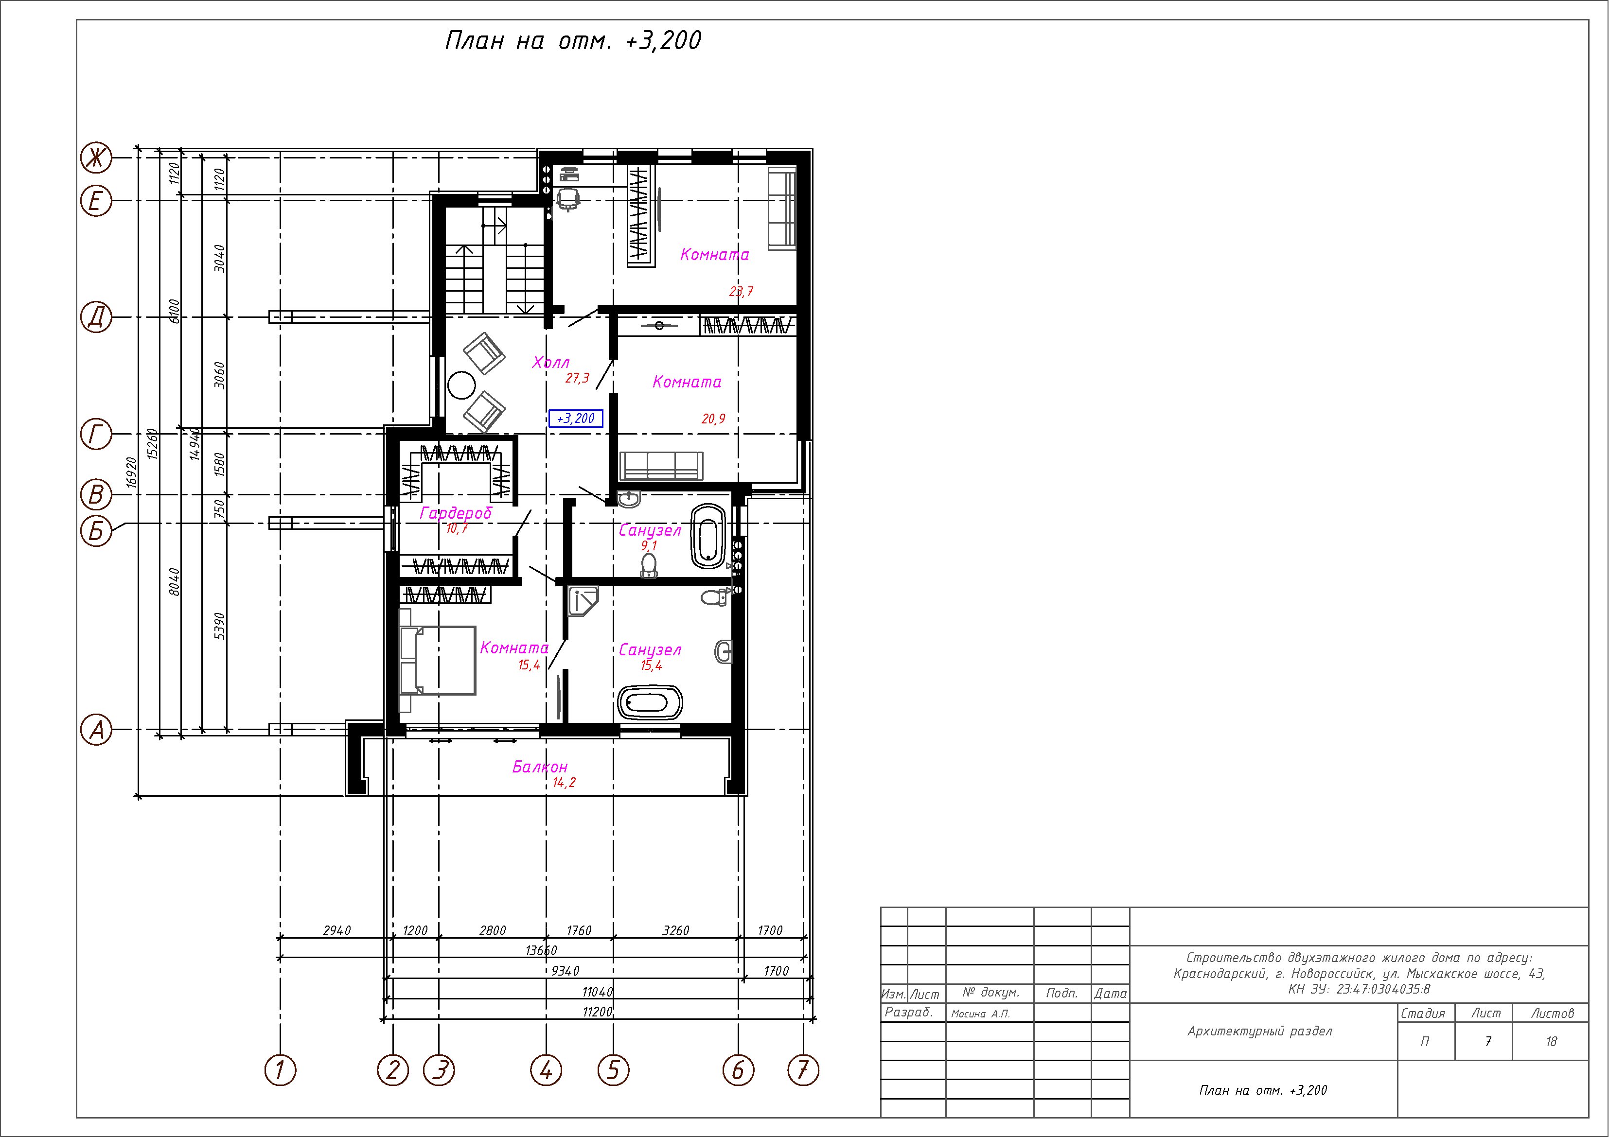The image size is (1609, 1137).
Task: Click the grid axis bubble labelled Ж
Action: pyautogui.click(x=96, y=157)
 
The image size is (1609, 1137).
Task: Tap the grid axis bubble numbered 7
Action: pyautogui.click(x=803, y=1070)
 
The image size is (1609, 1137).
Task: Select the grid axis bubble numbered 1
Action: pyautogui.click(x=280, y=1070)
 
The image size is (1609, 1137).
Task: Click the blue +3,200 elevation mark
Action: pyautogui.click(x=575, y=418)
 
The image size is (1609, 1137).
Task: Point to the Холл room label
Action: pyautogui.click(x=551, y=362)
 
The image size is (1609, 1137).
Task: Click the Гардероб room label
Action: pyautogui.click(x=456, y=513)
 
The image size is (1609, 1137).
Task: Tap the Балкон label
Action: pyautogui.click(x=540, y=767)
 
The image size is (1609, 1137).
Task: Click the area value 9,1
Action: pyautogui.click(x=649, y=545)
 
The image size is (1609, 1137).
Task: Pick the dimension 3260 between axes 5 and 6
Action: pyautogui.click(x=675, y=930)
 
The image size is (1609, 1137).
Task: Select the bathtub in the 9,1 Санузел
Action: pyautogui.click(x=708, y=536)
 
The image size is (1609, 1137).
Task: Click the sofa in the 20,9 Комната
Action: pyautogui.click(x=661, y=466)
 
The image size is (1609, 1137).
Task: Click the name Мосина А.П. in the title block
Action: pyautogui.click(x=980, y=1014)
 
